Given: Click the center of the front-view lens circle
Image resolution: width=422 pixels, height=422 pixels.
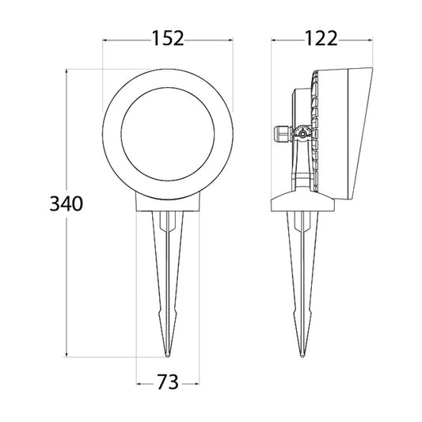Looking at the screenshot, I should pyautogui.click(x=168, y=134).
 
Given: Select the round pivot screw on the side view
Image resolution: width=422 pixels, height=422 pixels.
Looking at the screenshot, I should pyautogui.click(x=302, y=135).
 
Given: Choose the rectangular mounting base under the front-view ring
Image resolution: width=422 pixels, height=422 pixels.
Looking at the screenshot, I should pyautogui.click(x=167, y=204).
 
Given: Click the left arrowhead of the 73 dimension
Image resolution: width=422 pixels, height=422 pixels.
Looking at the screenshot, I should pyautogui.click(x=139, y=383).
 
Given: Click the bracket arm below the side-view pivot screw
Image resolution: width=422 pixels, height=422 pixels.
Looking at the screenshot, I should pyautogui.click(x=301, y=170).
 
